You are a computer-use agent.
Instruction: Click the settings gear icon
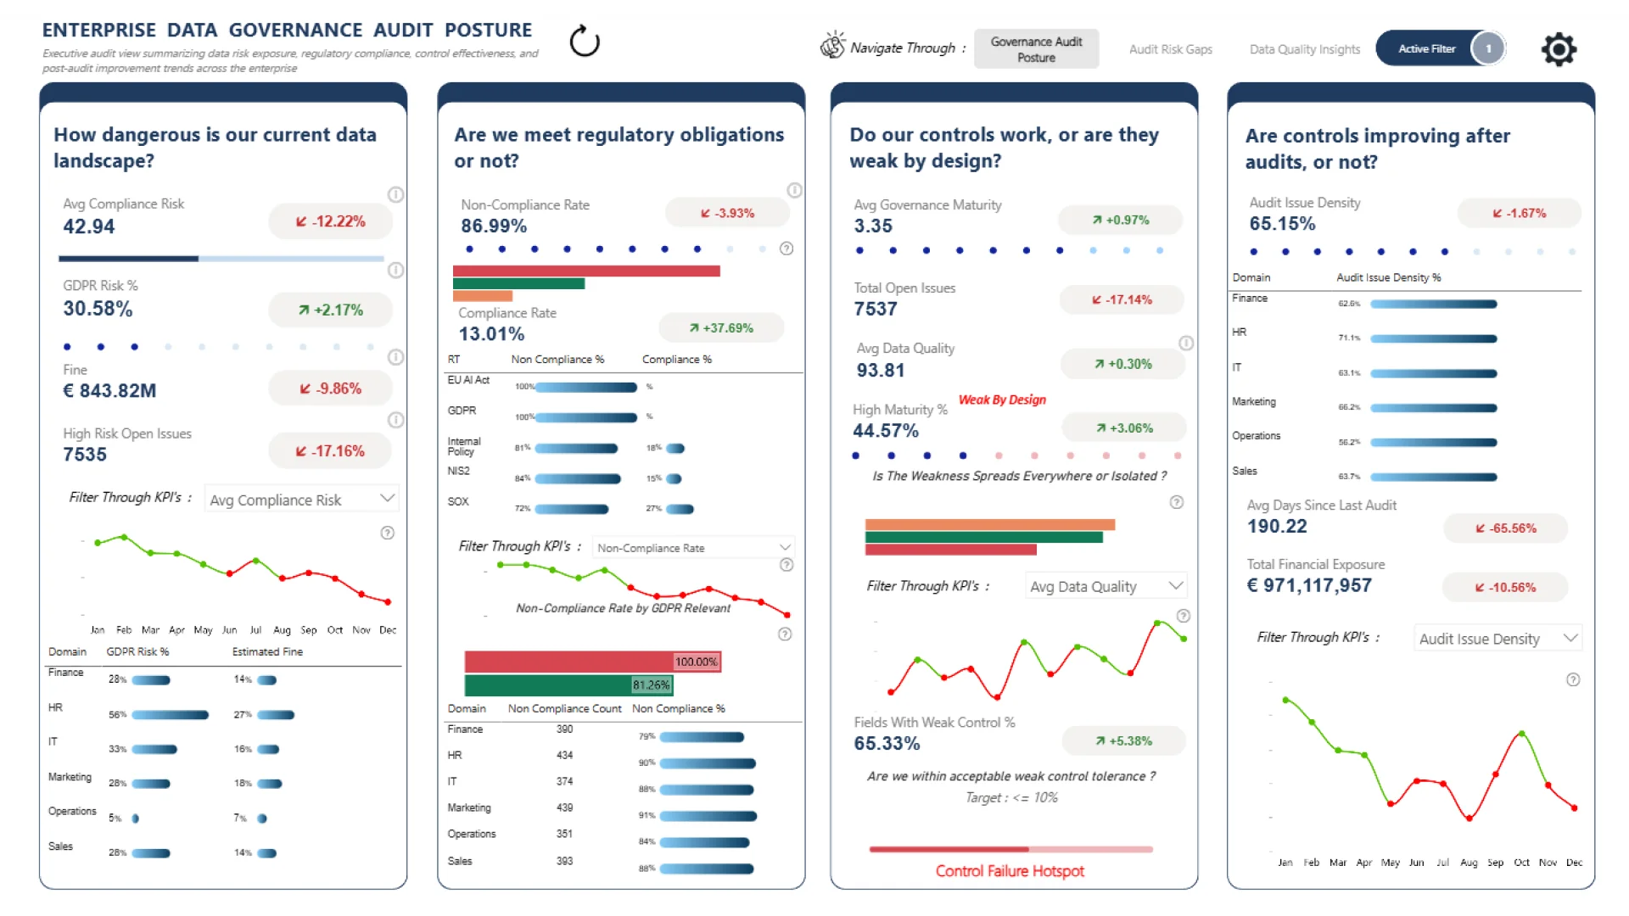(x=1559, y=49)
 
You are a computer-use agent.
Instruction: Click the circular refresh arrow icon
(x=585, y=41)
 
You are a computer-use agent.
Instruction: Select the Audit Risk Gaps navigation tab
(x=1170, y=49)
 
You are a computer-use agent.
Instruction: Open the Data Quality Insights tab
(x=1304, y=49)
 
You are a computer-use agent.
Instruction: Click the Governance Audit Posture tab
(x=1036, y=49)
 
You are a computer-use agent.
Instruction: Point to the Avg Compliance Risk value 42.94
(x=89, y=226)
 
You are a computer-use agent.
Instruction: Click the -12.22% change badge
(x=331, y=221)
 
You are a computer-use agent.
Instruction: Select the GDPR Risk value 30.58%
(x=98, y=309)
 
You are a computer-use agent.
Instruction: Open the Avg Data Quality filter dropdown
(x=1106, y=586)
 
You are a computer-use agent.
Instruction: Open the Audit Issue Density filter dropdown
(x=1497, y=639)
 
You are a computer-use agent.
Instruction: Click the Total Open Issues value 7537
(x=876, y=309)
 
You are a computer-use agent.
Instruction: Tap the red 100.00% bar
(x=592, y=662)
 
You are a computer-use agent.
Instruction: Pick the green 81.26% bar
(x=568, y=684)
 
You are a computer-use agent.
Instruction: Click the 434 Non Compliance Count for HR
(x=564, y=755)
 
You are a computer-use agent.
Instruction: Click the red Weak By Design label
(x=1002, y=399)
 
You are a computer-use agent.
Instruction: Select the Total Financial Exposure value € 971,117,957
(x=1309, y=585)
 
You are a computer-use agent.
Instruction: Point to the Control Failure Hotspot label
(x=1010, y=871)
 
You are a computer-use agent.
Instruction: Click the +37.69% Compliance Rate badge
(x=721, y=327)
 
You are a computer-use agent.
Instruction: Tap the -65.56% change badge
(x=1505, y=528)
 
